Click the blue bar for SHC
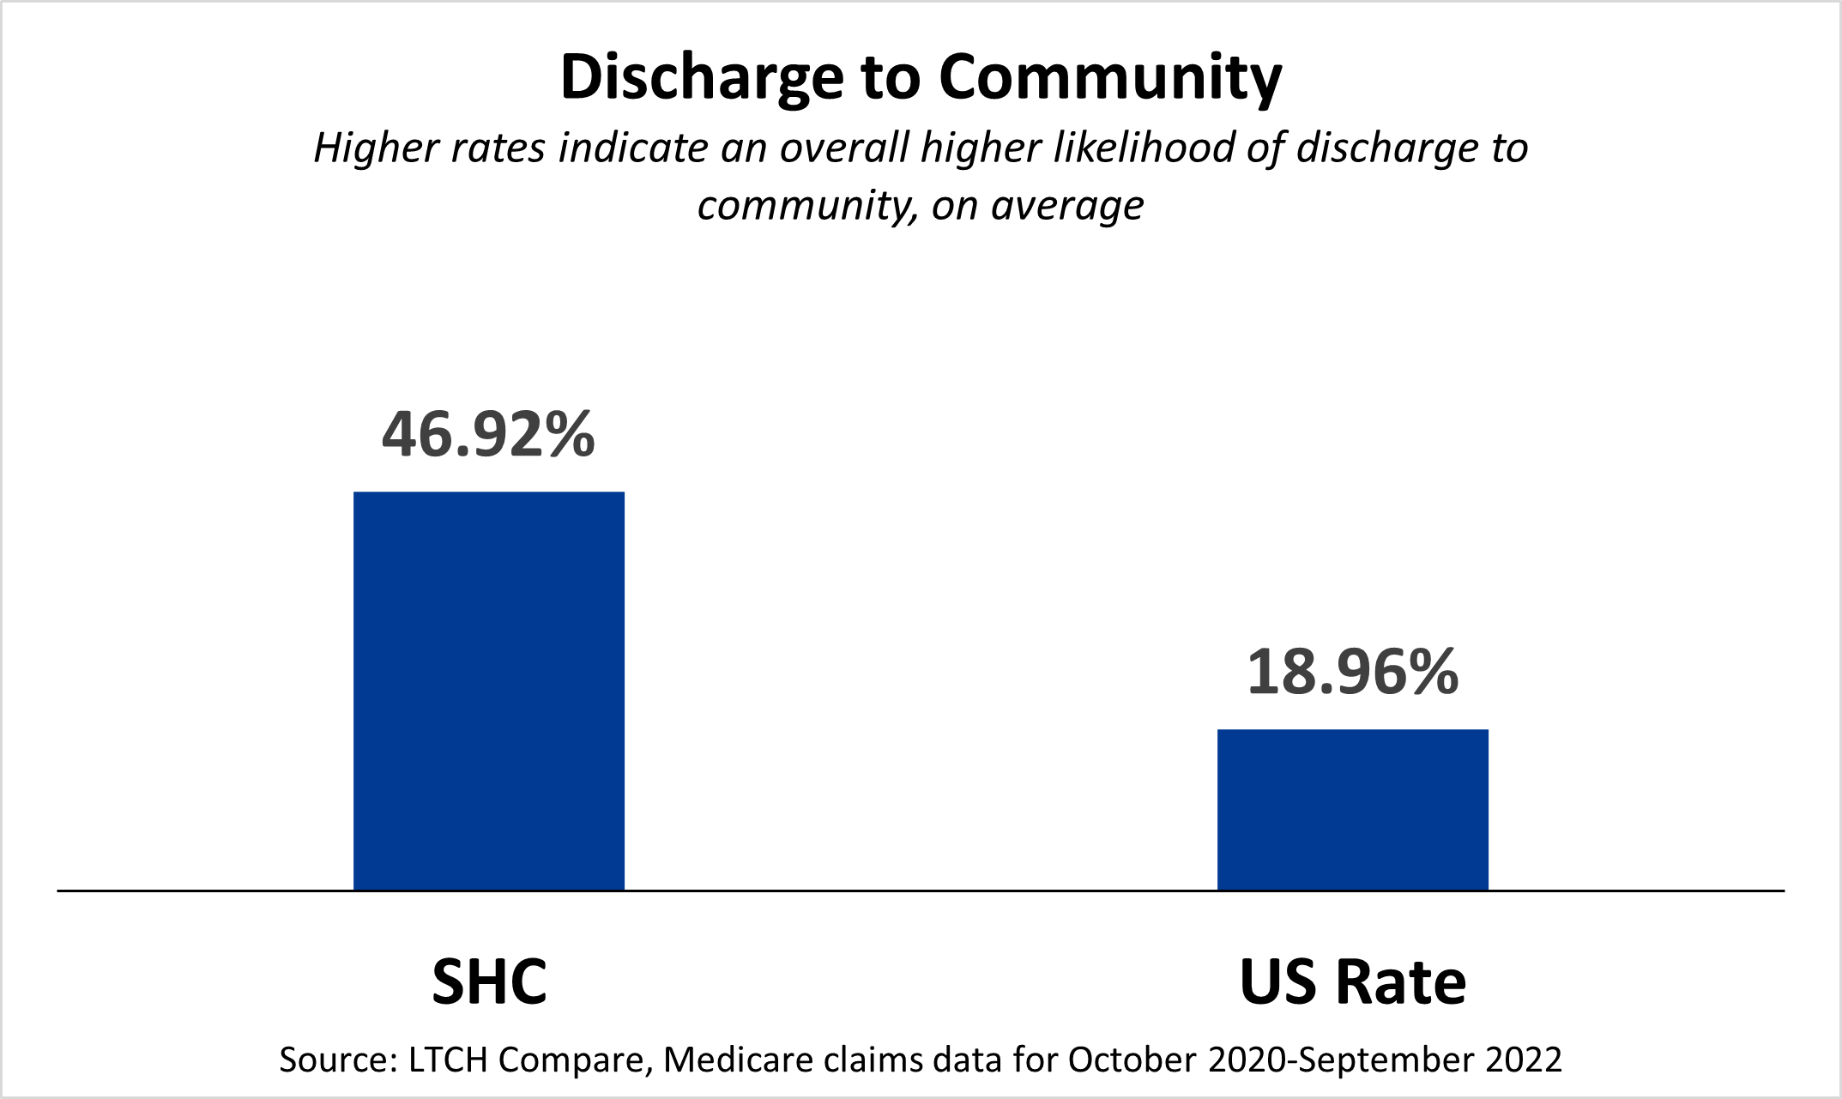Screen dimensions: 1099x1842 pyautogui.click(x=489, y=691)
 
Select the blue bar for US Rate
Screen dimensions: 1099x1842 pyautogui.click(x=1352, y=809)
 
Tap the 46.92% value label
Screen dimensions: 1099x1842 pyautogui.click(x=488, y=434)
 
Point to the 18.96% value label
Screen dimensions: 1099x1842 pyautogui.click(x=1352, y=672)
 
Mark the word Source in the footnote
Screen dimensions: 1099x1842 pyautogui.click(x=334, y=1060)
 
